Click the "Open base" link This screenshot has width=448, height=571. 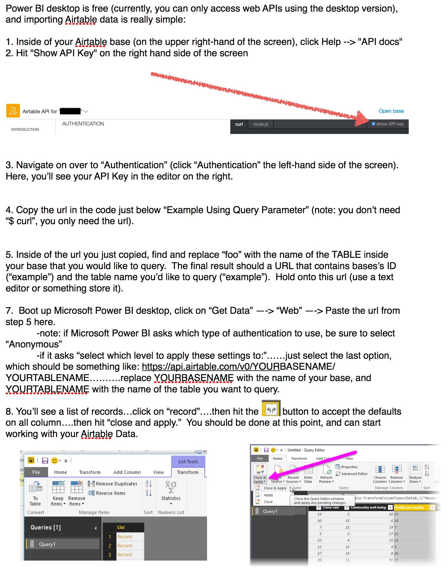pyautogui.click(x=391, y=111)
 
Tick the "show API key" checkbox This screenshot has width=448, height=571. pyautogui.click(x=373, y=124)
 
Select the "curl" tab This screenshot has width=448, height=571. pyautogui.click(x=239, y=124)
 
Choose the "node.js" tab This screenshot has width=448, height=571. pyautogui.click(x=261, y=124)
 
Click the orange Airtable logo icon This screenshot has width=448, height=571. pyautogui.click(x=13, y=111)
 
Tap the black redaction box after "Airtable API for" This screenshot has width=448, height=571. pyautogui.click(x=70, y=111)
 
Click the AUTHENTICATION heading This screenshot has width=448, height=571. pyautogui.click(x=83, y=124)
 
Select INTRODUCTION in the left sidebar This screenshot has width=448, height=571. pyautogui.click(x=25, y=130)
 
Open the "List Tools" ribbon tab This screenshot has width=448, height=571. pyautogui.click(x=188, y=461)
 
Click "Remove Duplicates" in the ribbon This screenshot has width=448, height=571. pyautogui.click(x=113, y=484)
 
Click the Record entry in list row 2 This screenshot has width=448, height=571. pyautogui.click(x=124, y=546)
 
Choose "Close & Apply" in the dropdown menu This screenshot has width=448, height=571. pyautogui.click(x=275, y=488)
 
